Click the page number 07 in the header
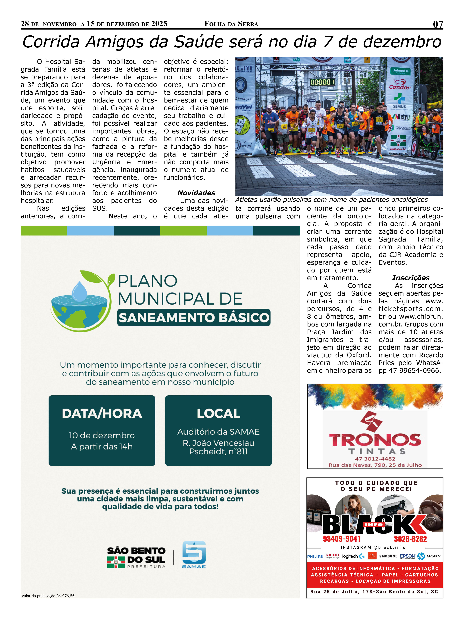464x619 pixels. [438, 24]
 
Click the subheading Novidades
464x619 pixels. [196, 193]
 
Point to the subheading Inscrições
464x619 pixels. [411, 278]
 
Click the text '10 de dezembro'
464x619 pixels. [102, 435]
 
